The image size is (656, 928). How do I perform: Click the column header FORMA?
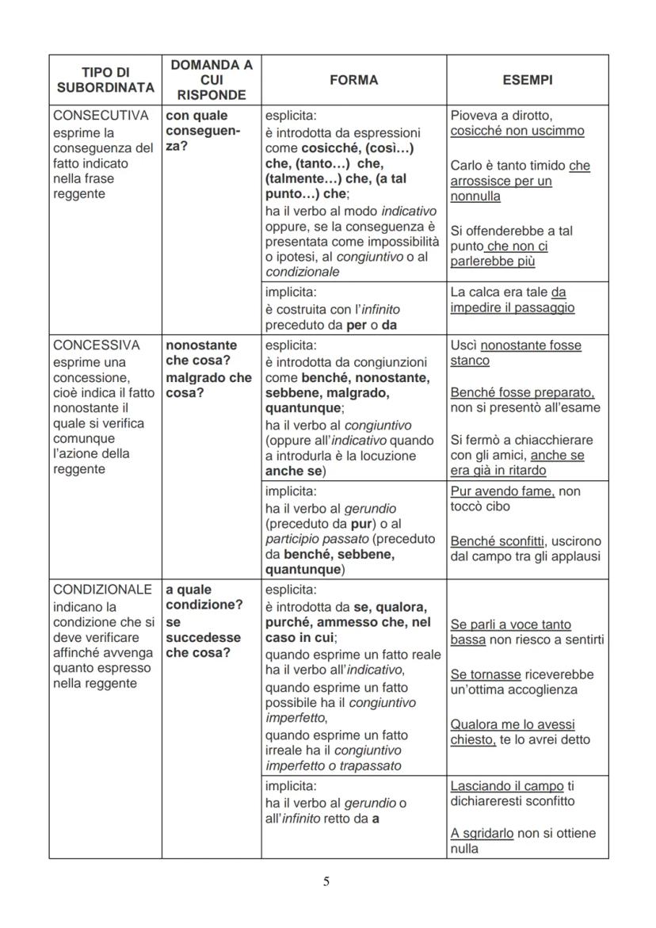tap(353, 80)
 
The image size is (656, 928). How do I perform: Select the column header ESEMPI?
tap(527, 80)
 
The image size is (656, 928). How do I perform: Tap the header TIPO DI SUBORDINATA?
tap(105, 80)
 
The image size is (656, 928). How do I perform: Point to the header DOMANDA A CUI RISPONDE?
tap(211, 80)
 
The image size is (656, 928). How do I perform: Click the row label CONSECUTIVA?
tap(101, 116)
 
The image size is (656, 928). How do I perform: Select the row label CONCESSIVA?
tap(97, 346)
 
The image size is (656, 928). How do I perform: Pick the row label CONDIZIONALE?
tap(102, 590)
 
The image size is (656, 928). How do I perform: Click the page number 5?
tap(326, 881)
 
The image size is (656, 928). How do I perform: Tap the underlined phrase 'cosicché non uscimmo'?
tap(517, 132)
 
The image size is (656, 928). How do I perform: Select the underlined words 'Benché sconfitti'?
tap(497, 541)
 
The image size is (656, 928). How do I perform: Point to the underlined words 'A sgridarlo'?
tap(483, 834)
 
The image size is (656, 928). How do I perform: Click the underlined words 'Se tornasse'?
tap(485, 674)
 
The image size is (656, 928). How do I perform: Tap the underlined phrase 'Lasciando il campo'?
tap(506, 786)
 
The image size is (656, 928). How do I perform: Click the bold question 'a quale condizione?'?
tap(204, 598)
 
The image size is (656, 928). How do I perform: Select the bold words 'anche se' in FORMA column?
tap(292, 472)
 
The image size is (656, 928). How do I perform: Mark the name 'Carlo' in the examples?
tap(466, 166)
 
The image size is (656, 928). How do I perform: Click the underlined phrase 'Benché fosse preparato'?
tap(521, 393)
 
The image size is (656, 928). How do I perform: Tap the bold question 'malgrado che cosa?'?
tap(208, 385)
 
